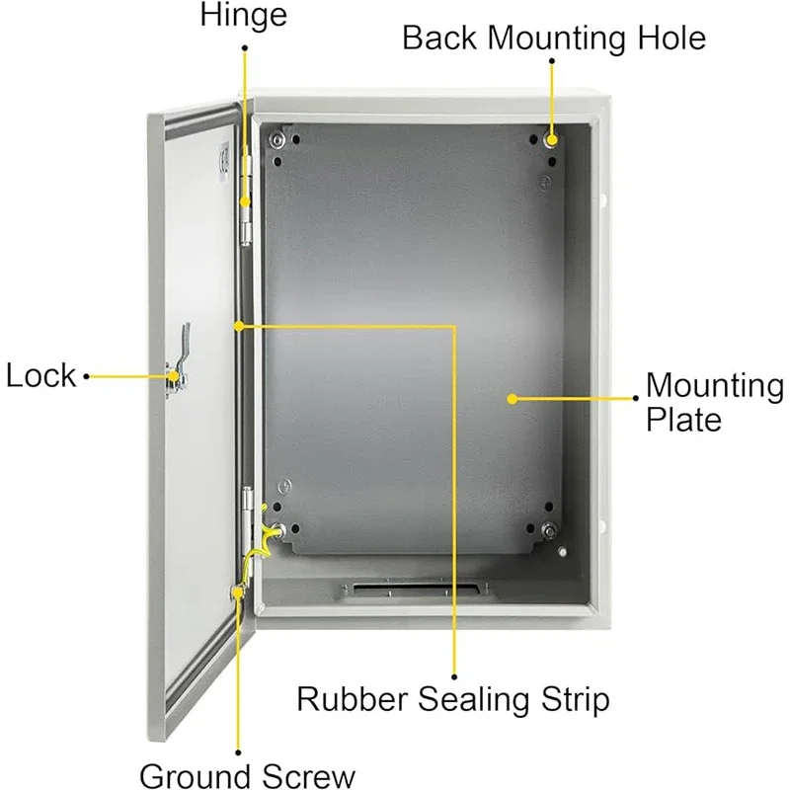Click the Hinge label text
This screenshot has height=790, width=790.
click(x=244, y=15)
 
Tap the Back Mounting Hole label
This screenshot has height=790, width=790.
click(x=554, y=38)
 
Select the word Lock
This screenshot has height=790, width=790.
click(x=40, y=376)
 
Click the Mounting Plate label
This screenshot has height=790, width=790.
click(x=714, y=402)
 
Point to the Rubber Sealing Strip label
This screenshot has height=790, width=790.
click(x=453, y=699)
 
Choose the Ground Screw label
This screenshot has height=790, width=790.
click(x=248, y=775)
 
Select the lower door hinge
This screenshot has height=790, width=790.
click(x=247, y=521)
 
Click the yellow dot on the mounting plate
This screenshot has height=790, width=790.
click(x=513, y=399)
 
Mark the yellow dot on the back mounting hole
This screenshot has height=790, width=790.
click(x=552, y=140)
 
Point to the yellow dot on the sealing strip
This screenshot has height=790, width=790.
click(x=239, y=327)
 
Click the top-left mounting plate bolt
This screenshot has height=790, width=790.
click(x=276, y=140)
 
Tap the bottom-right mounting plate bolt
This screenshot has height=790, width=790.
click(x=548, y=530)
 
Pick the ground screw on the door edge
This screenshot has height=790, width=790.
click(x=237, y=592)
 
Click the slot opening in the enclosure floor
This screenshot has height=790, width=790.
click(x=417, y=589)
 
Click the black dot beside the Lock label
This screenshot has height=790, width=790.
click(x=87, y=376)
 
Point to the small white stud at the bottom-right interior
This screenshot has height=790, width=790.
click(x=562, y=552)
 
